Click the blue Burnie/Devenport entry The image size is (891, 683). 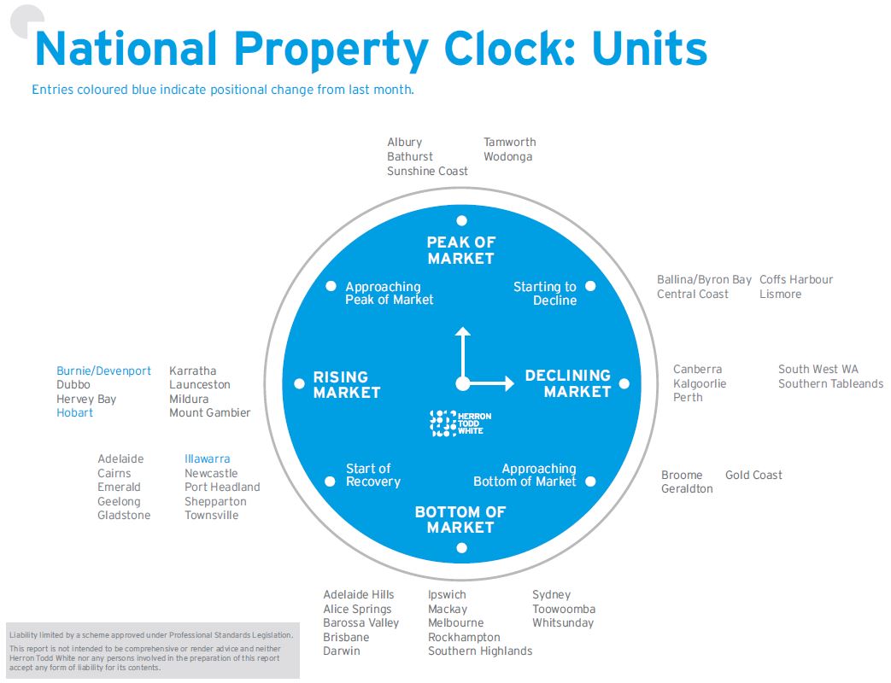(x=103, y=371)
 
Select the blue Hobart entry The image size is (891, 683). (x=75, y=413)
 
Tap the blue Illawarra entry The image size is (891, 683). (x=208, y=459)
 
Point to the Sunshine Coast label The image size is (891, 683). (x=427, y=172)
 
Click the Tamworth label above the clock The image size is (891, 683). (x=510, y=143)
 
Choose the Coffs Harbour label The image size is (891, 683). (x=796, y=280)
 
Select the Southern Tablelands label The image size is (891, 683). (x=830, y=384)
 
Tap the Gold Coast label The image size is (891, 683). (x=753, y=476)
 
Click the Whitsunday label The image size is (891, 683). (x=563, y=623)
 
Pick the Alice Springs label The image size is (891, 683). (x=357, y=610)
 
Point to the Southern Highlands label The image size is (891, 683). (x=480, y=651)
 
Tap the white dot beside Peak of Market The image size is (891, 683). (x=461, y=220)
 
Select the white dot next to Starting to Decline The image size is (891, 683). (x=590, y=286)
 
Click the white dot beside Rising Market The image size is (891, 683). (x=299, y=383)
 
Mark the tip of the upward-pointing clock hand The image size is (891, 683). (x=462, y=329)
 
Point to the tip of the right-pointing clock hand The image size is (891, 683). (x=513, y=384)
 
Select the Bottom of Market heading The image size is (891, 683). (x=460, y=520)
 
